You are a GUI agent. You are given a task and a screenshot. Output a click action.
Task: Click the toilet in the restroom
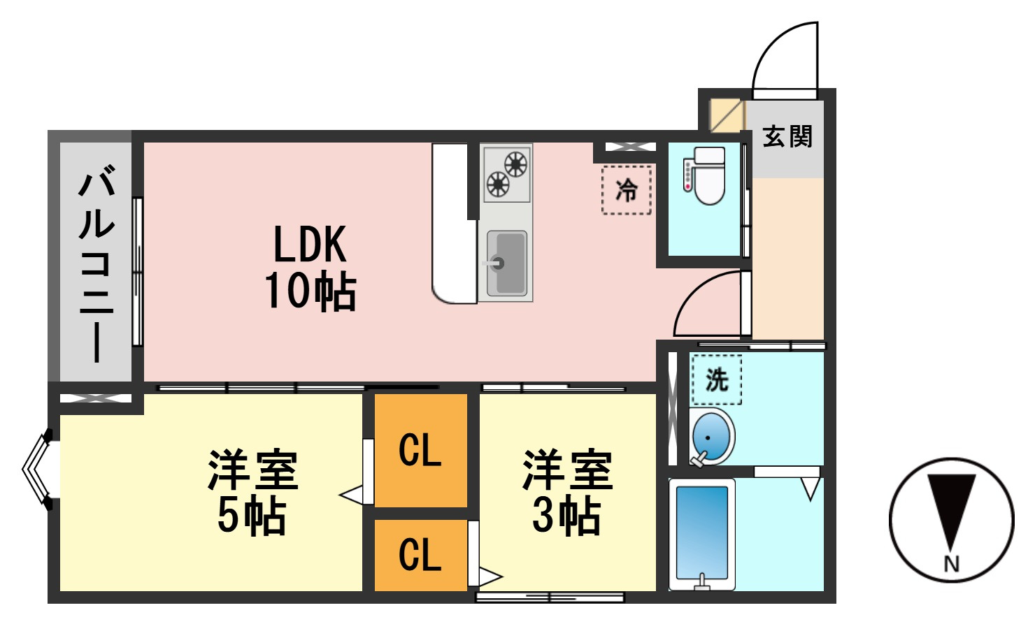tap(705, 175)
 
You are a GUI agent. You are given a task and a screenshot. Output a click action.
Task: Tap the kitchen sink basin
tap(506, 263)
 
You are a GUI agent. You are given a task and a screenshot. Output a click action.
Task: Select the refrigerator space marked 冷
tap(626, 190)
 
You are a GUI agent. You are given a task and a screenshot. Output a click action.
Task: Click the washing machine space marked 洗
tap(717, 379)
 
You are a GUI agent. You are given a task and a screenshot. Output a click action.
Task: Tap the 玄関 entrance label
tap(787, 137)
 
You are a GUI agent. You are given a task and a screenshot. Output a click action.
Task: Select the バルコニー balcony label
tap(97, 263)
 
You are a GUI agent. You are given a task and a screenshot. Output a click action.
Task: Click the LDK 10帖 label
tap(310, 267)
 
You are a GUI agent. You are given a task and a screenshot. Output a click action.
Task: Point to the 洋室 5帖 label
tap(252, 492)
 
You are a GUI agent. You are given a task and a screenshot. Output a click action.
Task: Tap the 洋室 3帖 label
tap(567, 492)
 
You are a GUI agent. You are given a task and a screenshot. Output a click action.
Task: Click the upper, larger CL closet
tap(420, 451)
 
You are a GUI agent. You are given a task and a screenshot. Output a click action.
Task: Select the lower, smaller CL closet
tap(420, 556)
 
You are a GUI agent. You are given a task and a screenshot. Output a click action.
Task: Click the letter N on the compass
tap(951, 564)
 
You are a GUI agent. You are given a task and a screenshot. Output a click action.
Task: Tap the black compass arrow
tap(951, 512)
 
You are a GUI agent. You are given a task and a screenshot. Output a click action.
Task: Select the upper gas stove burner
tap(515, 164)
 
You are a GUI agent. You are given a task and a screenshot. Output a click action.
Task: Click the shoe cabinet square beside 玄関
tap(727, 115)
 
